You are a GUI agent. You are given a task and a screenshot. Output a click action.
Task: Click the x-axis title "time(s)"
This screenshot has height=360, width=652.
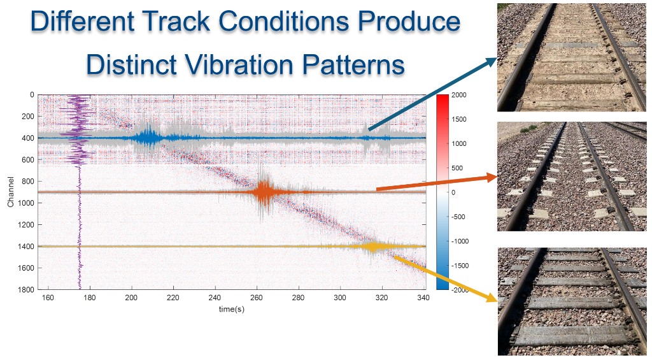point(231,309)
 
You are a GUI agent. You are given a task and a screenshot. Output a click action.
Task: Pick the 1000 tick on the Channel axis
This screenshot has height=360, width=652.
point(27,203)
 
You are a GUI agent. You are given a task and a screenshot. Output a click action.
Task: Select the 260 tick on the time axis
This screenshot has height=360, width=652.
point(256,298)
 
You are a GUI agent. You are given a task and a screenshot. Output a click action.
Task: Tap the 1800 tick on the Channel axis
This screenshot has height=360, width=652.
point(27,290)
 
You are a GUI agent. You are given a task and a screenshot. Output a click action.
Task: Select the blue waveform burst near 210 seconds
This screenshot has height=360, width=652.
point(148,136)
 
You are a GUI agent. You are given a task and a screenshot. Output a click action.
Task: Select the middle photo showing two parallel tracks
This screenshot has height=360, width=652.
point(570,176)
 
